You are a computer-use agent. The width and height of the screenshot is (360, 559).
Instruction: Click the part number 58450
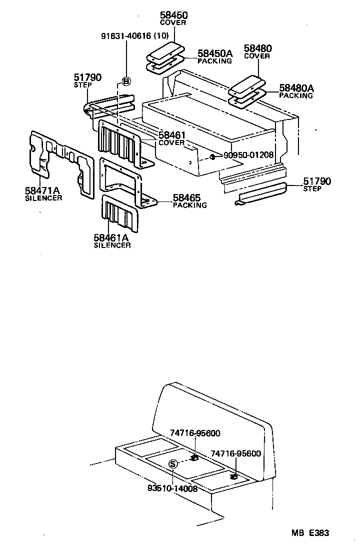point(173,15)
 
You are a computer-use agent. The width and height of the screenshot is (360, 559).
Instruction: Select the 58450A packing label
point(215,53)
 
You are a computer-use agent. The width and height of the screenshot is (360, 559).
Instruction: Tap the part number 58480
point(257,48)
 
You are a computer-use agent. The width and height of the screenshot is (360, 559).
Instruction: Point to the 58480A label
point(296,88)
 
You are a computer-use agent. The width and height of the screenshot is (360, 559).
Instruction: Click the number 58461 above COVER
point(172,135)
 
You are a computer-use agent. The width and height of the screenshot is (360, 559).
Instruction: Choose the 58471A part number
point(42,190)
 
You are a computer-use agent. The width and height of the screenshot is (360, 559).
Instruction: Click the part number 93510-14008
point(172,488)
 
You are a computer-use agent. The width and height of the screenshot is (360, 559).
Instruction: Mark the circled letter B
point(126,82)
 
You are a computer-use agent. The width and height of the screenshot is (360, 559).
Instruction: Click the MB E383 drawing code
point(310,533)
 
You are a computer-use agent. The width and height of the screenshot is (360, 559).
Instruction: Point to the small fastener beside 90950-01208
point(212,157)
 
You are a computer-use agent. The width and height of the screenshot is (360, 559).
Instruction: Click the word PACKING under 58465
point(189,205)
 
